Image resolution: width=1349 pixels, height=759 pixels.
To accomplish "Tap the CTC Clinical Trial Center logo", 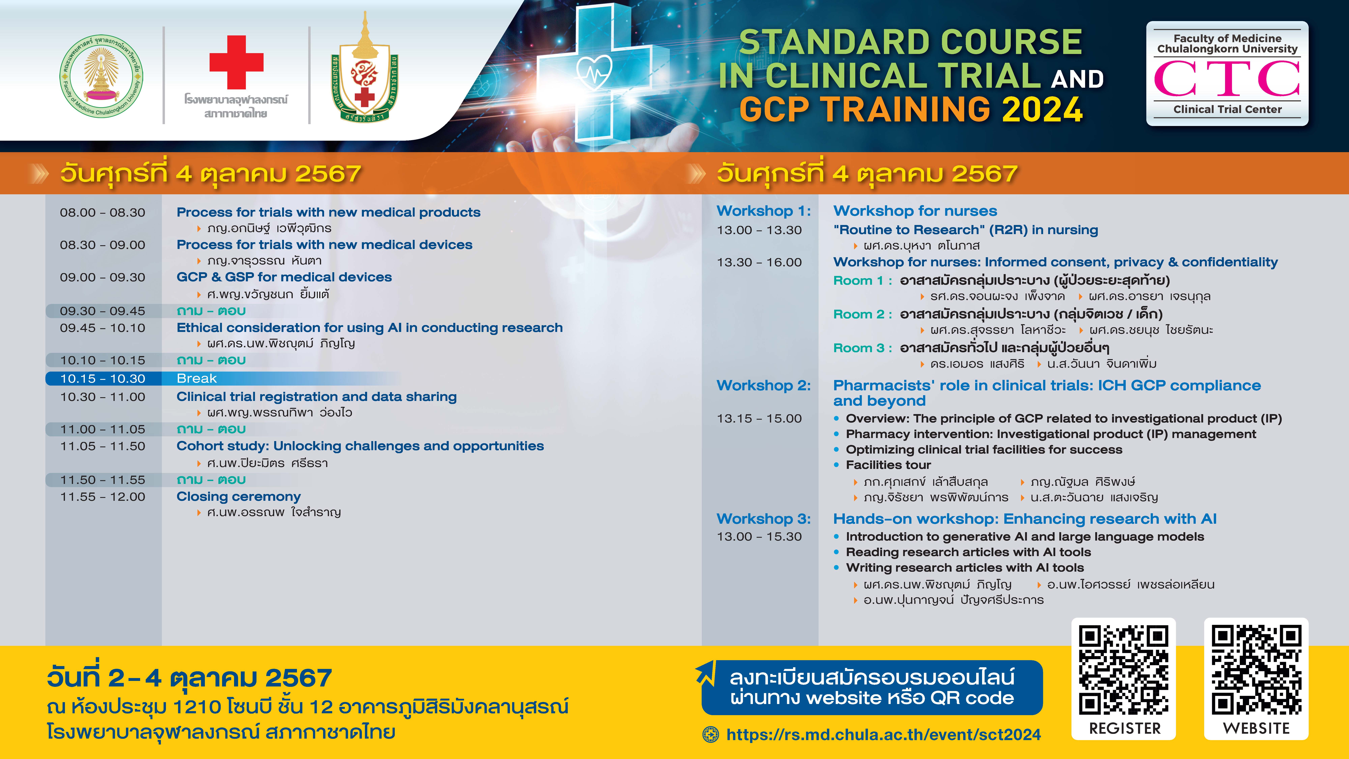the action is [1227, 73].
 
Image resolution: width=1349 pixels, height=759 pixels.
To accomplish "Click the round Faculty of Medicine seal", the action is [101, 76].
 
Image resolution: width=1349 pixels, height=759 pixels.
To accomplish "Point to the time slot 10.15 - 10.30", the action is [103, 378].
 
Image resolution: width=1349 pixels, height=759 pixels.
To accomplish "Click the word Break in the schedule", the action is [196, 378].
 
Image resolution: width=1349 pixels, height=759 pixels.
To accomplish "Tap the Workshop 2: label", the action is [764, 386].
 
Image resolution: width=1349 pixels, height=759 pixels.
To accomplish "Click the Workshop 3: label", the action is [764, 519].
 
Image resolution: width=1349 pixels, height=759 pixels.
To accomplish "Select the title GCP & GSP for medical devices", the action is [284, 277].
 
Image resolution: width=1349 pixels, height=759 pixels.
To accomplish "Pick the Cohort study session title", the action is [360, 446].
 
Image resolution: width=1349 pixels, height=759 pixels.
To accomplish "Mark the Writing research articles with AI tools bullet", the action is [965, 568].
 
